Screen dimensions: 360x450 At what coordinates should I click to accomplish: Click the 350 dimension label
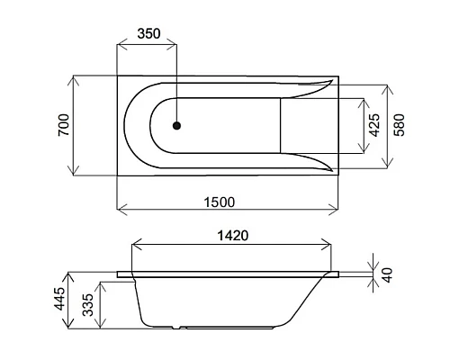(148, 33)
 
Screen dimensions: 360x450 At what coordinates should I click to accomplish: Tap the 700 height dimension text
(62, 126)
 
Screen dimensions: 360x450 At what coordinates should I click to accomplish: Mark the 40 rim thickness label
(388, 275)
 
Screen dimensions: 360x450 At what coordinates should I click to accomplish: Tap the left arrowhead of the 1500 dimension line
(121, 212)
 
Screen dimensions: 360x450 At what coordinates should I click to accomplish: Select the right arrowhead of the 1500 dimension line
(335, 212)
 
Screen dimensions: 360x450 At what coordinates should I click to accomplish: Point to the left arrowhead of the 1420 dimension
(136, 246)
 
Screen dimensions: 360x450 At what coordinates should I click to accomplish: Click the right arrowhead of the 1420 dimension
(328, 246)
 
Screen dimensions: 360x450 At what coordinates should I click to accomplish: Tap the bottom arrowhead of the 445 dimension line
(74, 327)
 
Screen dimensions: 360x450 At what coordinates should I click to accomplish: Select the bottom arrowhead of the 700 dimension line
(74, 174)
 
